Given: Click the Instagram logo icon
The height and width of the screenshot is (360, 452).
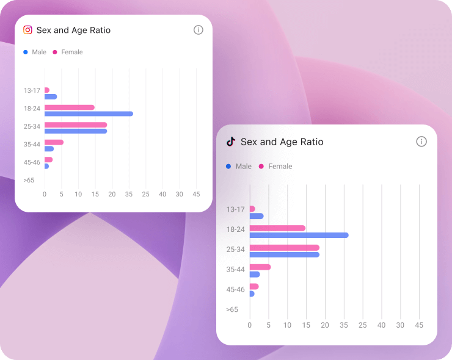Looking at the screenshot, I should click(27, 30).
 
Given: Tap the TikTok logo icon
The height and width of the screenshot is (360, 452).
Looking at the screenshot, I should click(231, 142).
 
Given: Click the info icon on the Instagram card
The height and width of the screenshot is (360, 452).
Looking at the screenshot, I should click(198, 30).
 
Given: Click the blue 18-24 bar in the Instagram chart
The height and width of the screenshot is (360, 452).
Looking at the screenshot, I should click(89, 114).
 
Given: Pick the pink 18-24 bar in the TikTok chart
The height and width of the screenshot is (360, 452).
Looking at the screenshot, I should click(277, 228).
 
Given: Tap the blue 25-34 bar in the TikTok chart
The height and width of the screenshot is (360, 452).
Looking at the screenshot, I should click(284, 254).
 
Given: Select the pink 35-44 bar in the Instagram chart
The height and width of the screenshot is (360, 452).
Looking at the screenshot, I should click(54, 142).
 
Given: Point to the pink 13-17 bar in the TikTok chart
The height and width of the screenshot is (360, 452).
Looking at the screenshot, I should click(252, 209).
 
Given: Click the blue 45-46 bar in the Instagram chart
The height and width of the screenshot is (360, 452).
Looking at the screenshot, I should click(46, 166).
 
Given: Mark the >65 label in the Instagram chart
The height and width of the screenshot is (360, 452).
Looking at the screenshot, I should click(29, 180).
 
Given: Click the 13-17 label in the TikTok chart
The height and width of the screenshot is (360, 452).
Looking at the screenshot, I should click(235, 209).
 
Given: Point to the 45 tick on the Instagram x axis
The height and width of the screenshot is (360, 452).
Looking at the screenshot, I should click(196, 194).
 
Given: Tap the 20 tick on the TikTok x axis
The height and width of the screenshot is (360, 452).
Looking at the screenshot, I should click(325, 325).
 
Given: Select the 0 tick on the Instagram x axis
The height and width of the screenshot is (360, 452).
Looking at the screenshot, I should click(44, 194).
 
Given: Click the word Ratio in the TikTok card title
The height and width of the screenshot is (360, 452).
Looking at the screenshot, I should click(310, 142).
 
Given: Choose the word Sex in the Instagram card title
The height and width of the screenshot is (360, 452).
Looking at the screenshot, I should click(43, 30).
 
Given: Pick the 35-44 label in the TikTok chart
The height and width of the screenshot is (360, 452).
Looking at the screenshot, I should click(235, 269).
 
